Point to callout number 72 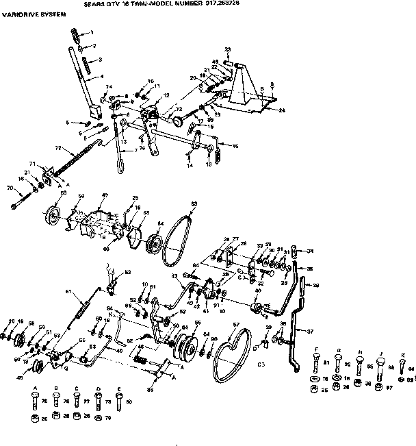point(57,148)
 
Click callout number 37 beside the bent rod point(310,331)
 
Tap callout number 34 point(310,251)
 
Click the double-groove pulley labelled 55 point(183,344)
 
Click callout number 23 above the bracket point(227,49)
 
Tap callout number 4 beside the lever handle point(101,77)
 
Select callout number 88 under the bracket point(151,391)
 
